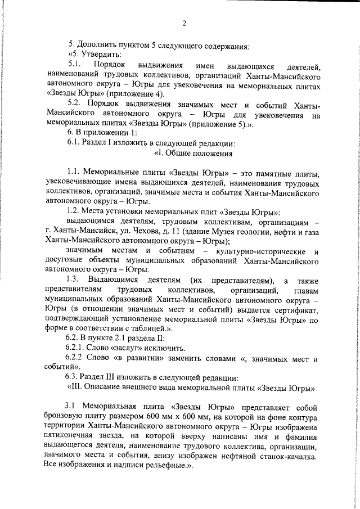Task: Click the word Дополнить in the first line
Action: [94, 44]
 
